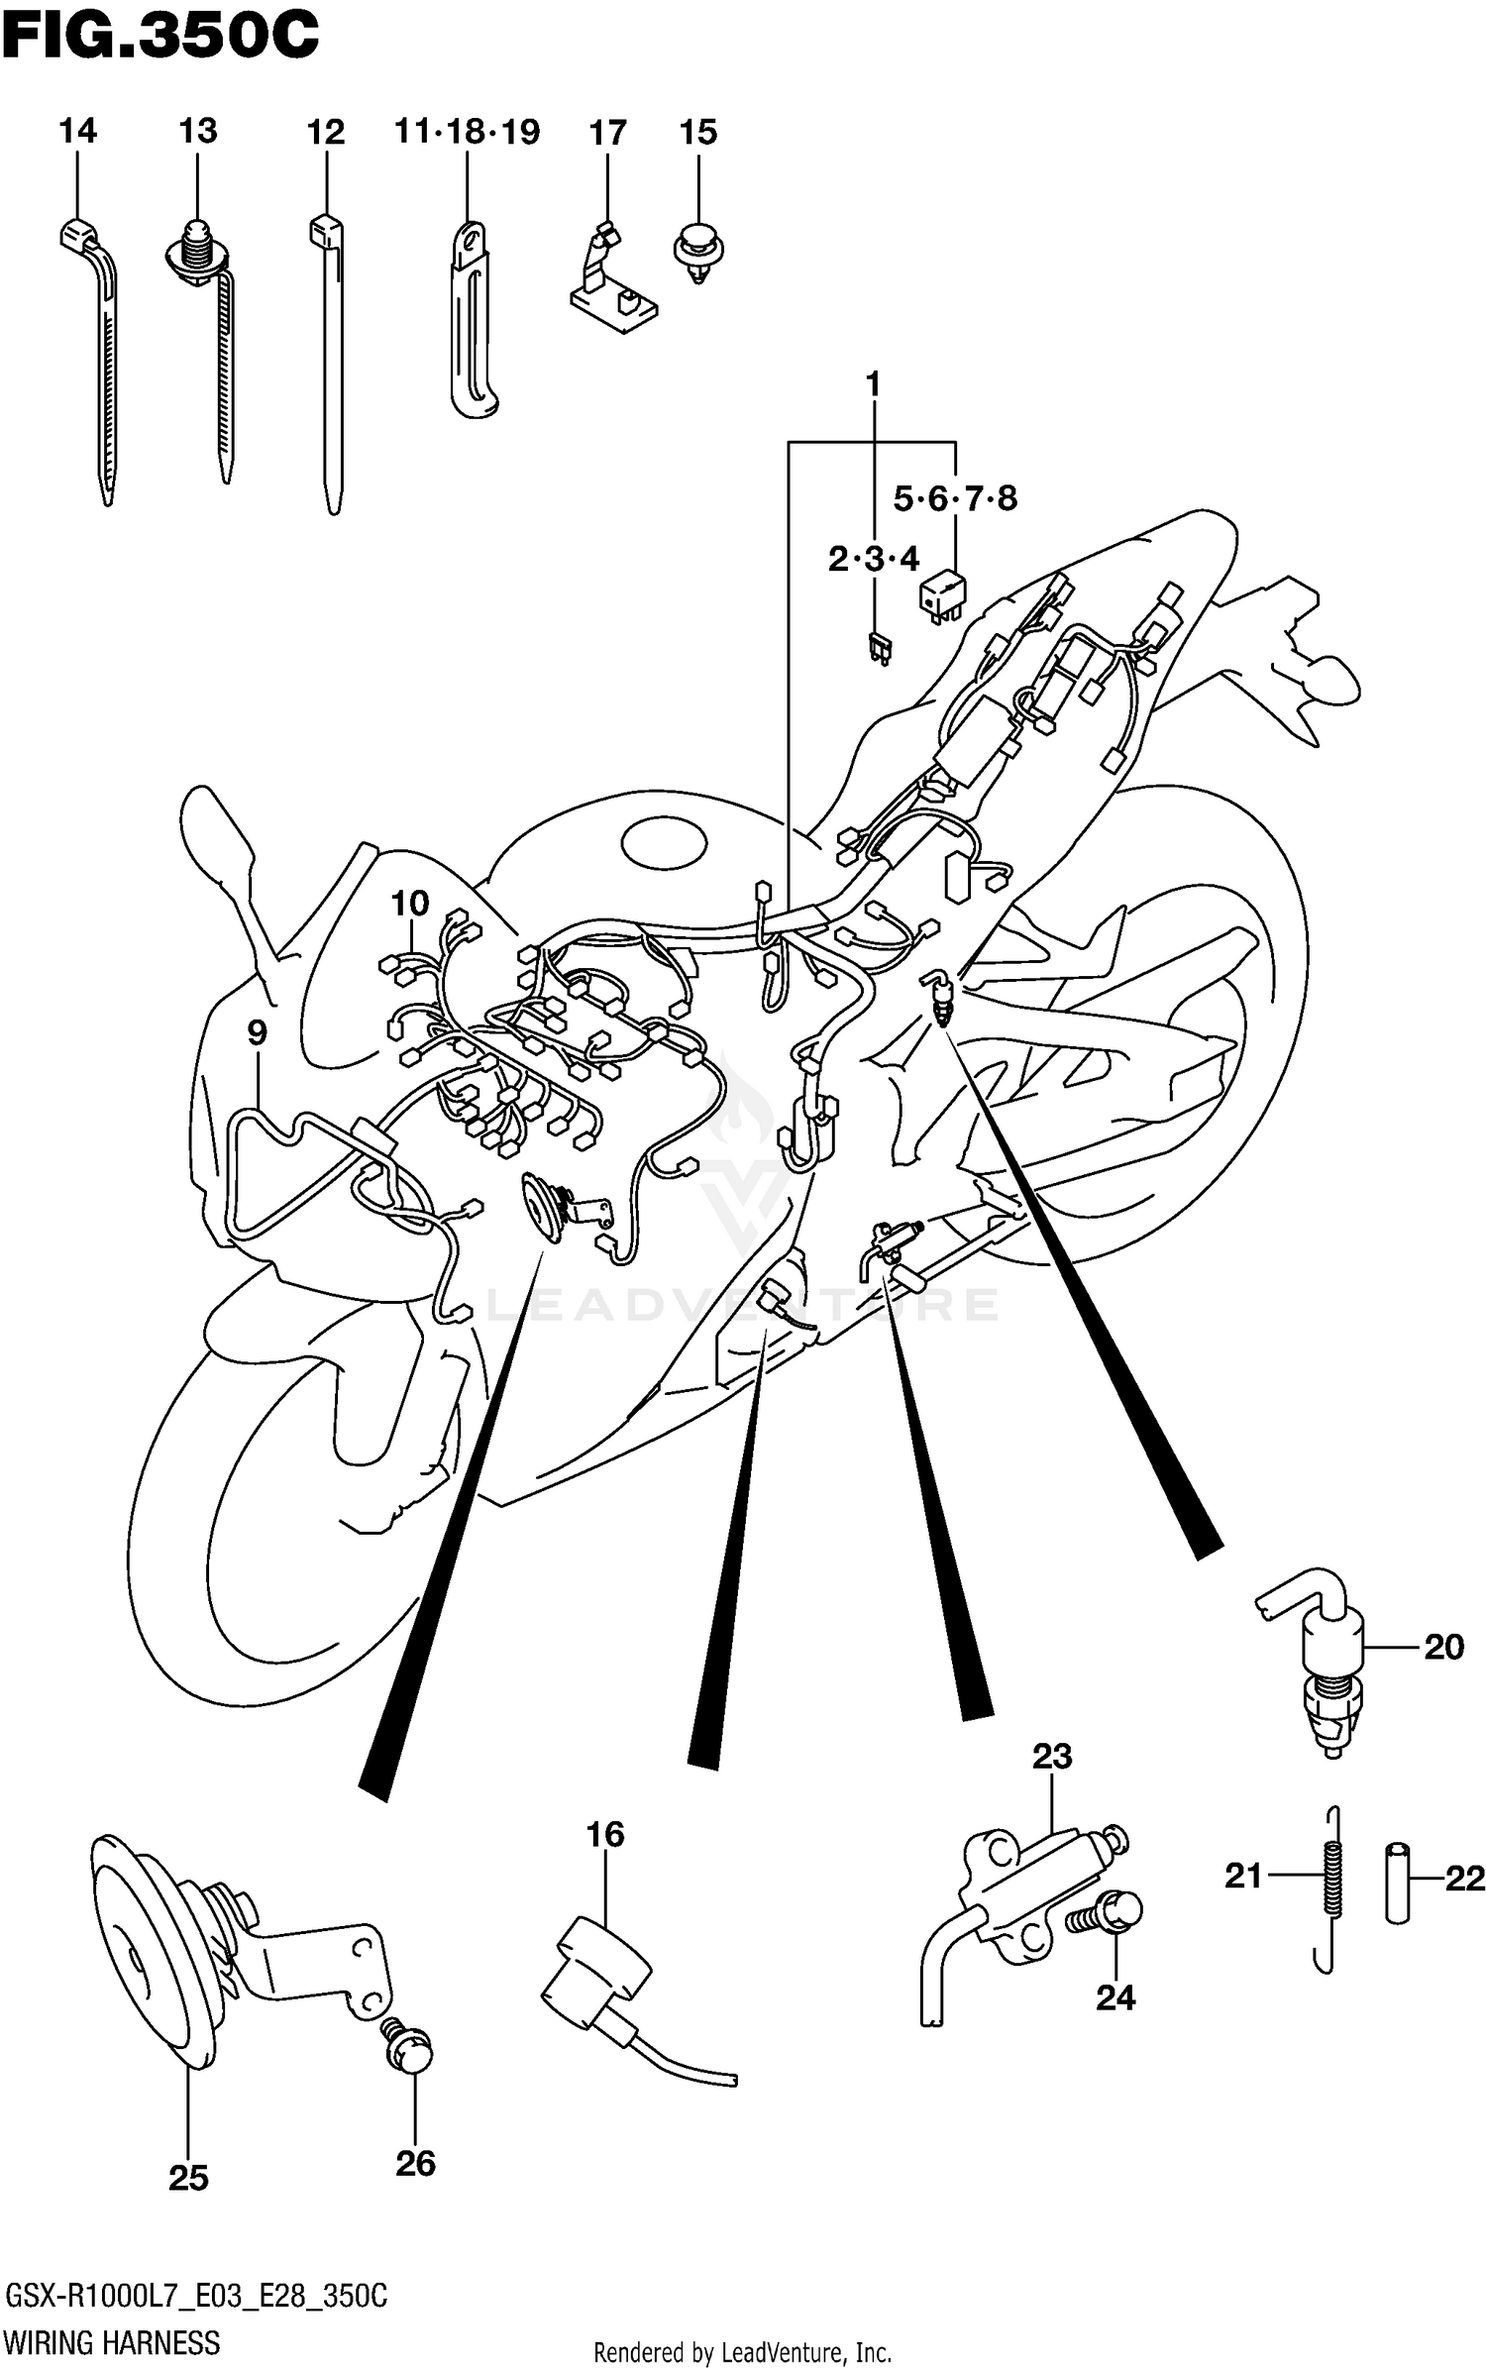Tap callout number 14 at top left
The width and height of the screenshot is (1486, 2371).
[77, 131]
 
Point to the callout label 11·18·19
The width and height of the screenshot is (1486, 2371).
[467, 132]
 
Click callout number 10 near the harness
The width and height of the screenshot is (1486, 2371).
[409, 903]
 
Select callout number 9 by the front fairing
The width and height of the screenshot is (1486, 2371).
[257, 1033]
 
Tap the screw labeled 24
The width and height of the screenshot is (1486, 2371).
[1110, 1914]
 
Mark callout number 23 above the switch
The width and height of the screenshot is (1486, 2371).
[1052, 1757]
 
